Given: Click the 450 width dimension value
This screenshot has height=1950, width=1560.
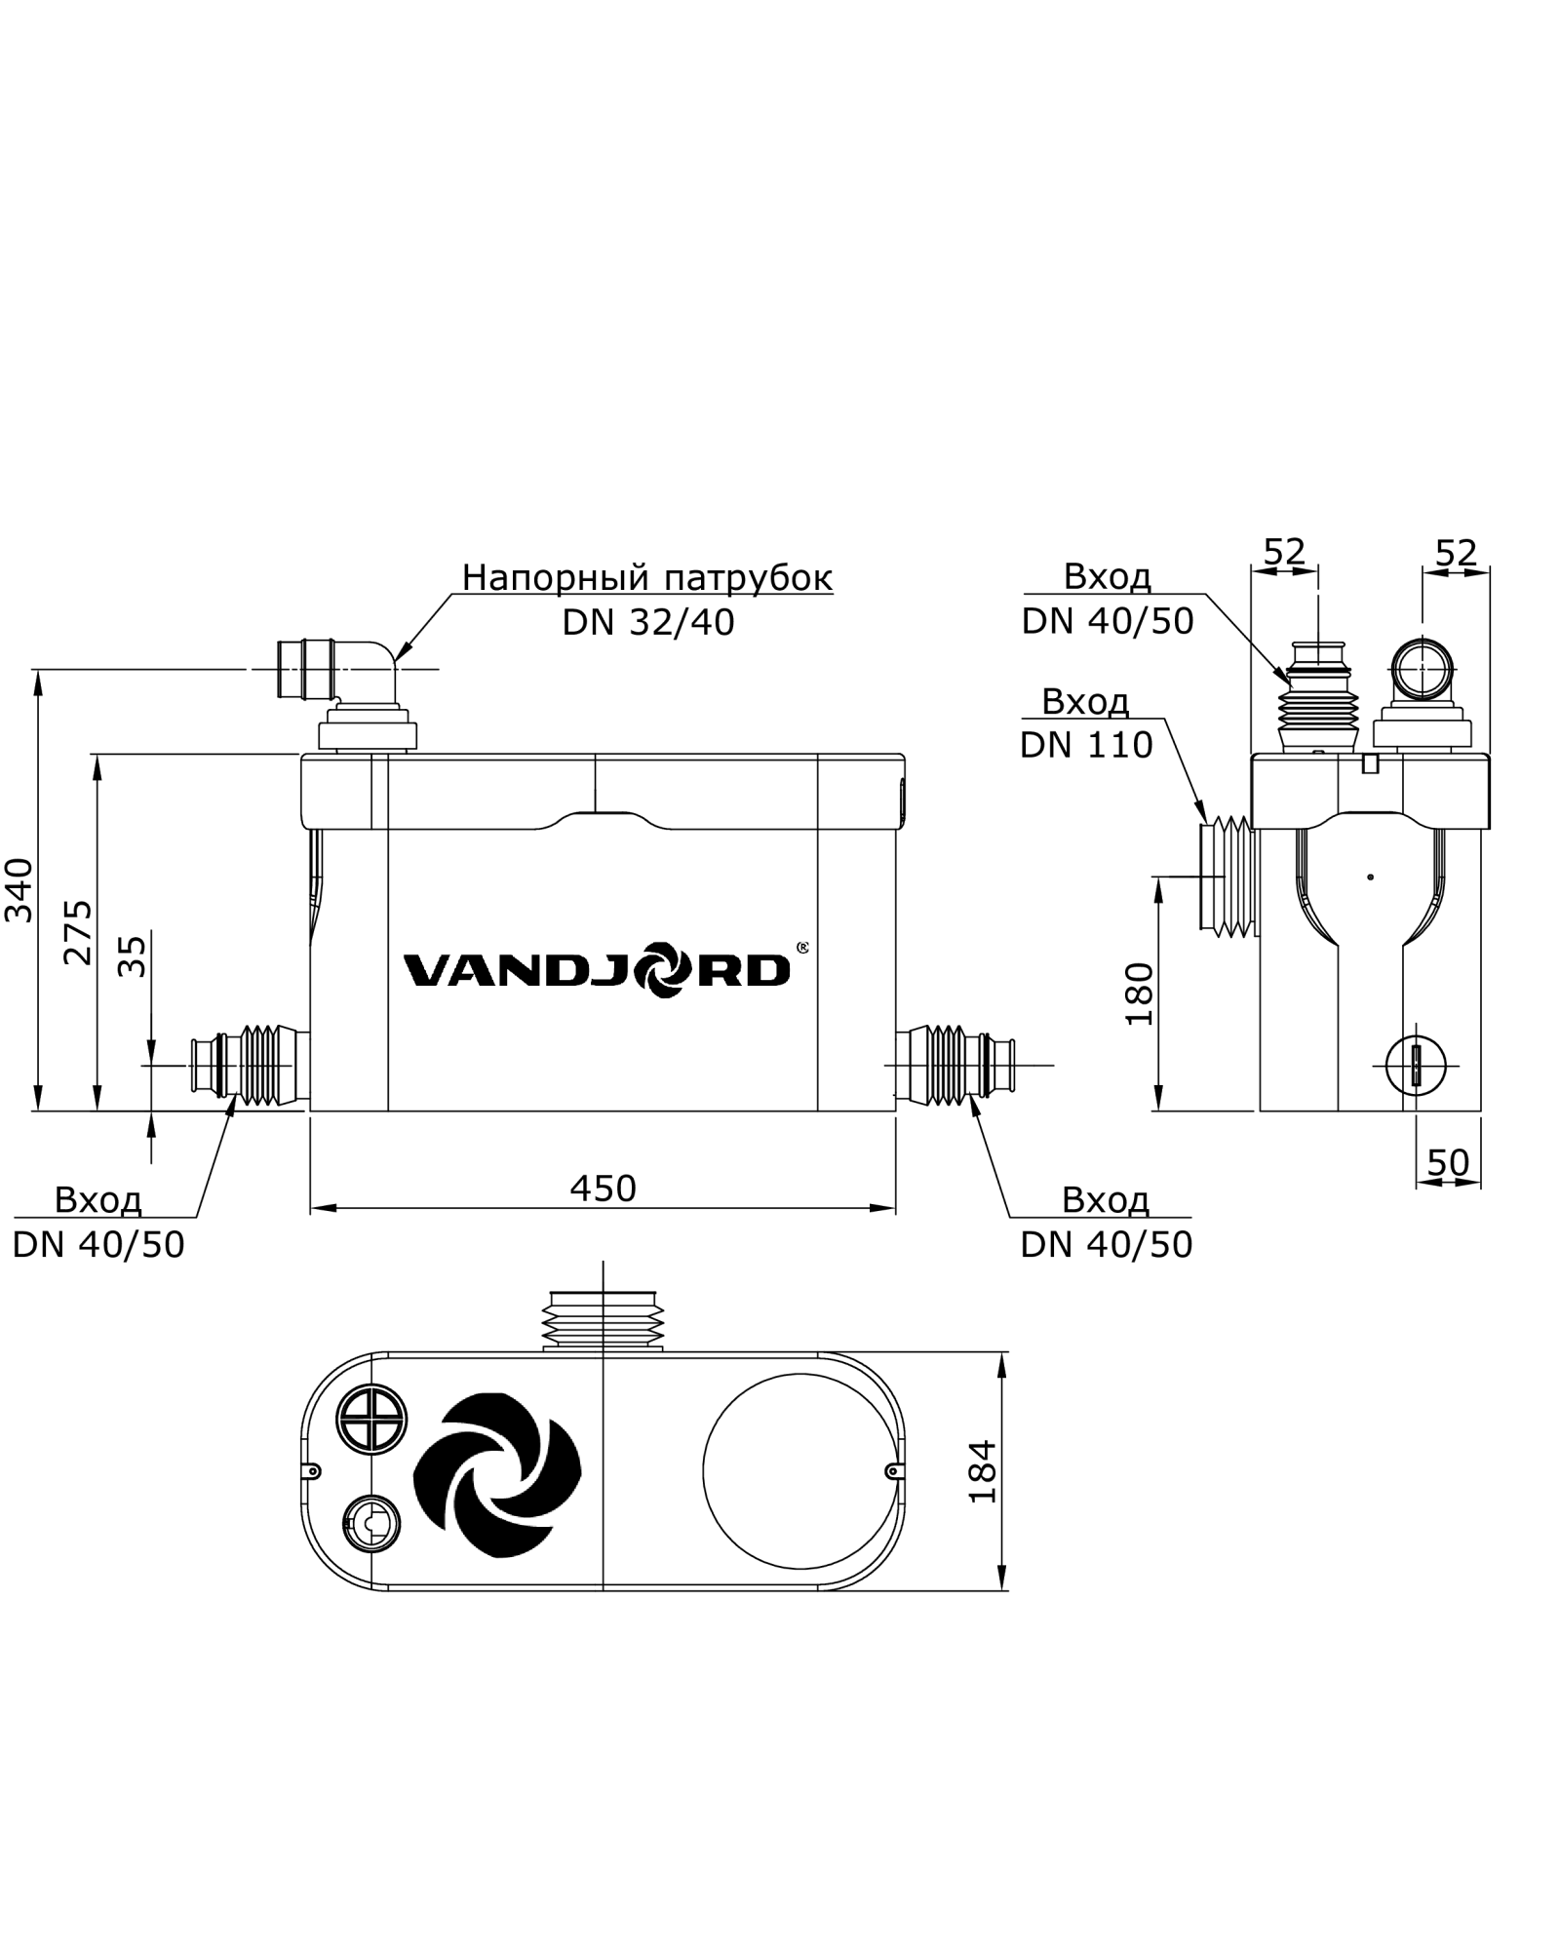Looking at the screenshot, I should coord(604,1188).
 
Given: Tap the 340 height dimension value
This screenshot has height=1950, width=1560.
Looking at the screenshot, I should coord(20,889).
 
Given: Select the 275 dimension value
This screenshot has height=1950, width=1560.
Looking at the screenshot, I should coord(78,932).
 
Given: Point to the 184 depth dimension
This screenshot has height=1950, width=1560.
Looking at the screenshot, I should coord(984,1471).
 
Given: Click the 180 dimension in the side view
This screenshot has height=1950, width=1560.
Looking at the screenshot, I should coord(1139,994).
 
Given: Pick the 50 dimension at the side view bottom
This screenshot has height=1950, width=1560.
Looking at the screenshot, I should coord(1448,1162).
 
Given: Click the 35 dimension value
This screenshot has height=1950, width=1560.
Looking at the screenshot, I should coord(133,956).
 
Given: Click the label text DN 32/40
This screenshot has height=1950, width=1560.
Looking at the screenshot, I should coord(647,623).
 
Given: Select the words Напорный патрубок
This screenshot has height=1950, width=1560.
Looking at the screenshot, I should coord(647,577).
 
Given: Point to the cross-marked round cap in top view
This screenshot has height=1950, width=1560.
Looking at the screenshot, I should coord(370,1418).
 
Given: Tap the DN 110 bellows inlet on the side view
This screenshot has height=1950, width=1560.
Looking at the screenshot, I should coord(1229,877).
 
